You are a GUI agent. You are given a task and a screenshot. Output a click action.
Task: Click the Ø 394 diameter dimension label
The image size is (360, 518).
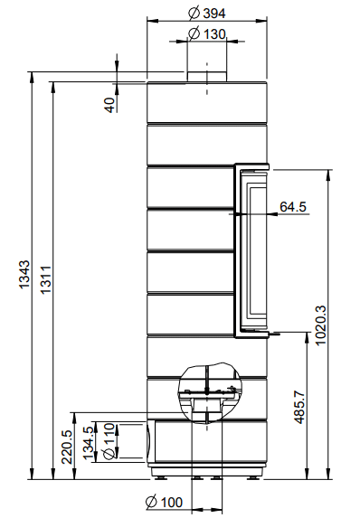[207, 14]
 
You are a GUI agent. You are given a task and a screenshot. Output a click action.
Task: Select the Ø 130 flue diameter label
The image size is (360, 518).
[207, 33]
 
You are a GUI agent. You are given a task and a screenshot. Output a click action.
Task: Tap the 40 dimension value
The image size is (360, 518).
[110, 105]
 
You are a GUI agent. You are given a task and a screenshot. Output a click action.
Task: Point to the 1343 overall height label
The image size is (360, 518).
[24, 275]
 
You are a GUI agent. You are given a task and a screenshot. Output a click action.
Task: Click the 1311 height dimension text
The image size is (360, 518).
[45, 279]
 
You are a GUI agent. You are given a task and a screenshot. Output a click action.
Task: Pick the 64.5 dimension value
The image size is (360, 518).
[293, 207]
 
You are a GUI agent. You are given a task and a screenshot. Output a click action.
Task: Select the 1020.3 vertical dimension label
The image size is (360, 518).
[320, 325]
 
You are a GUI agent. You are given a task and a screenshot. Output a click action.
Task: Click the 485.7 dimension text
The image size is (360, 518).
[299, 407]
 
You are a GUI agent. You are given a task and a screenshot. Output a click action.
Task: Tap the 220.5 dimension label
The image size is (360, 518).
[67, 447]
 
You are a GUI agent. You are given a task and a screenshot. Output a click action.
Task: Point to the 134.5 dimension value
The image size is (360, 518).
[89, 443]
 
